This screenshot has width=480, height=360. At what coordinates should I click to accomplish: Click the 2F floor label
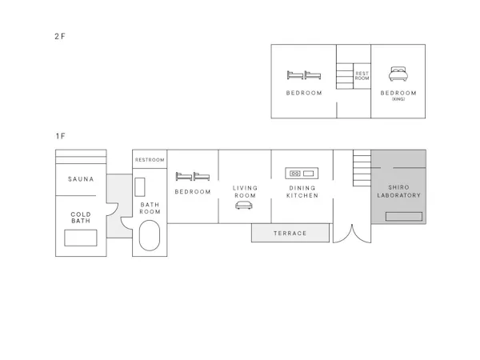click(x=60, y=37)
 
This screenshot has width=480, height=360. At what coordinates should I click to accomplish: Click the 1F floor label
click(x=60, y=136)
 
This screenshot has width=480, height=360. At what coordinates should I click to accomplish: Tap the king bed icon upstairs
click(x=398, y=74)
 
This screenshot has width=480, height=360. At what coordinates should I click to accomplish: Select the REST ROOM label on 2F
click(x=362, y=76)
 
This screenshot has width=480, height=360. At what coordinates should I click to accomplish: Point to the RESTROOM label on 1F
click(x=150, y=160)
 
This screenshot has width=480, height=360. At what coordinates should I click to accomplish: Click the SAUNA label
click(x=81, y=179)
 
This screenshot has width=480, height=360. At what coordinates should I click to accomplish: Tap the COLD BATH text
click(x=81, y=218)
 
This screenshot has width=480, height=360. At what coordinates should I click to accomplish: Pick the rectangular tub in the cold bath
click(x=81, y=238)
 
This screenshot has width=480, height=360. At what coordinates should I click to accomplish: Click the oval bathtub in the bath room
click(x=150, y=235)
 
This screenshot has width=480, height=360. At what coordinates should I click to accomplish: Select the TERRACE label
click(x=290, y=234)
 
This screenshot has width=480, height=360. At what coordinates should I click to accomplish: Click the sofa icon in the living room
click(x=244, y=205)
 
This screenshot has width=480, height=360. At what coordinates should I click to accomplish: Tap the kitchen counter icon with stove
click(x=302, y=174)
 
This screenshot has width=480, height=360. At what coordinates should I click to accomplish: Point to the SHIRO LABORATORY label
click(x=398, y=191)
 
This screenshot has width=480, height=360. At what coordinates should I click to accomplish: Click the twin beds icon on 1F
click(x=193, y=176)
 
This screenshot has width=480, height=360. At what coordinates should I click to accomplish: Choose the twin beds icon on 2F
click(x=304, y=75)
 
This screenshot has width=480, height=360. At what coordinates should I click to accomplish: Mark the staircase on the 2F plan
click(x=345, y=76)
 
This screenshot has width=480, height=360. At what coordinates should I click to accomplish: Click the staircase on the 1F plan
click(x=362, y=168)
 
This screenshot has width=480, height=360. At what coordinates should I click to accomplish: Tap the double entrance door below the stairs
click(x=352, y=234)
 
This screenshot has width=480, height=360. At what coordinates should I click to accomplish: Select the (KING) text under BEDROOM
click(x=398, y=99)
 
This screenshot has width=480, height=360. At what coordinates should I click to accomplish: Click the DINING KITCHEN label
click(x=302, y=192)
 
